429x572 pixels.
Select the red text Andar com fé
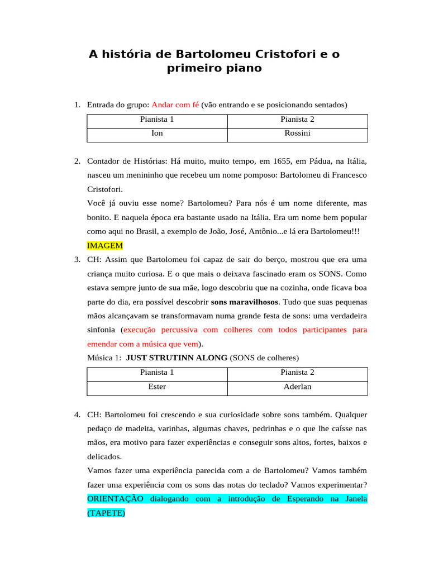(x=175, y=104)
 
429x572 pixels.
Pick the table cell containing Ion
(x=157, y=134)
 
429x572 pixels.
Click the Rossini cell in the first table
(x=297, y=134)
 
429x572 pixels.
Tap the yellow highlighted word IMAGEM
(x=104, y=245)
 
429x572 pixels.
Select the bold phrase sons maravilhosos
(x=245, y=302)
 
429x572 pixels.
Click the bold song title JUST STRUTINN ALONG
(x=177, y=357)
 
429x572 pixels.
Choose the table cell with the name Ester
(x=157, y=387)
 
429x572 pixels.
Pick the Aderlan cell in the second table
(x=297, y=387)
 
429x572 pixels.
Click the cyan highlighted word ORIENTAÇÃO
(x=115, y=498)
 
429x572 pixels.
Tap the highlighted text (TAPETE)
(x=106, y=512)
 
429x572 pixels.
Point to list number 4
(x=77, y=414)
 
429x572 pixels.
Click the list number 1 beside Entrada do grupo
(x=77, y=104)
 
